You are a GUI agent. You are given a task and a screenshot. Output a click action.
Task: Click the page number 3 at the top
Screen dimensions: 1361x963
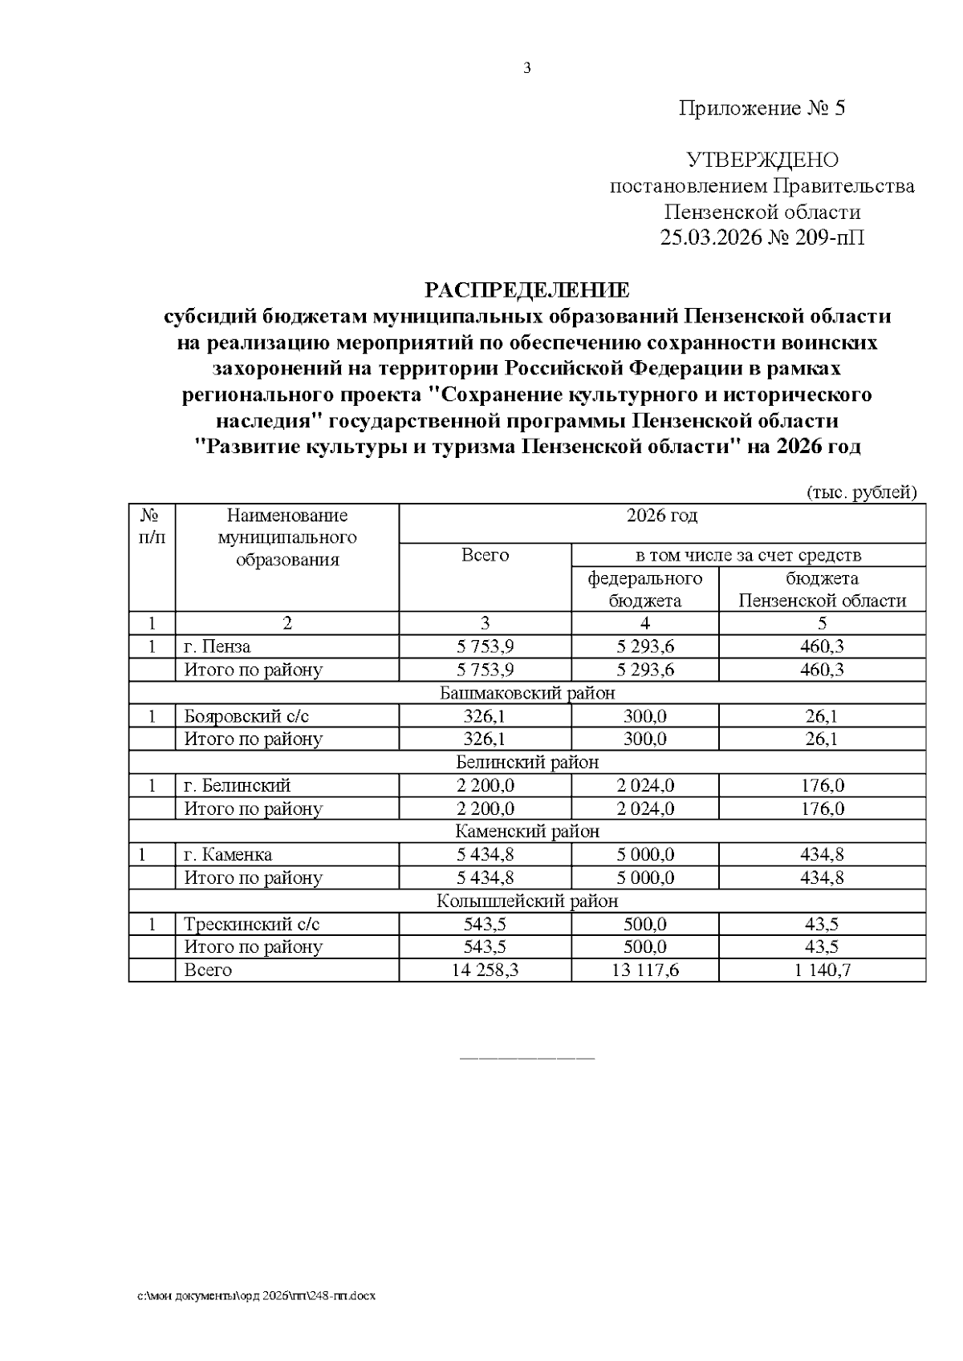[x=527, y=69]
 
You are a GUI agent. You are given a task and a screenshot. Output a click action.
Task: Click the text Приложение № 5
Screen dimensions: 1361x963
[x=762, y=108]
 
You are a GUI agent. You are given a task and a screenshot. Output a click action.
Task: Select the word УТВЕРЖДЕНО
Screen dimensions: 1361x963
[x=762, y=160]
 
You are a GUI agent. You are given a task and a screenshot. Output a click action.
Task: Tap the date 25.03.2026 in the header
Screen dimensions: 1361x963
[x=710, y=238]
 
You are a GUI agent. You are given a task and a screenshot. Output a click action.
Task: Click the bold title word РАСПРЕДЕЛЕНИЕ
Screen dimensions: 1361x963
[x=527, y=290]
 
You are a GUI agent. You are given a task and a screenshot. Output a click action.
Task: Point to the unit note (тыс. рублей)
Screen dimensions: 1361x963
[x=860, y=492]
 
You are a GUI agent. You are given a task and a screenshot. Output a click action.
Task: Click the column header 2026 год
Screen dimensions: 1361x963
[x=662, y=516]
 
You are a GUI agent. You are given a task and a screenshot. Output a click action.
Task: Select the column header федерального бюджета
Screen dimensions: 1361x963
[x=645, y=589]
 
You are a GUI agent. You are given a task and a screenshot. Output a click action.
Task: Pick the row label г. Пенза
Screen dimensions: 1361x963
[x=217, y=646]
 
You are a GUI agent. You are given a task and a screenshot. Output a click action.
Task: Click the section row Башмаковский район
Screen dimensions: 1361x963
[x=527, y=693]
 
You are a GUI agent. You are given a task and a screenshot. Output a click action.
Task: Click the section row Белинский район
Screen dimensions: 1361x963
[x=527, y=762]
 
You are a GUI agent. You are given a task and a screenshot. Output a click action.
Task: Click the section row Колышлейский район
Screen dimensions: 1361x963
[x=527, y=901]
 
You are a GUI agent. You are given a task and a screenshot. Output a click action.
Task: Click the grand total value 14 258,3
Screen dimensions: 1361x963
[x=486, y=970]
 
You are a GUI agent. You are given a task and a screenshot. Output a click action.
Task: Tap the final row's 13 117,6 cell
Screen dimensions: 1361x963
[x=645, y=970]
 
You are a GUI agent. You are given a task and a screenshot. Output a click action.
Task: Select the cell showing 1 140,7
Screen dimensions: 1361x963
[x=823, y=970]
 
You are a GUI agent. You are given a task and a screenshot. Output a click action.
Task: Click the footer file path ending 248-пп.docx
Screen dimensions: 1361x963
[x=256, y=1295]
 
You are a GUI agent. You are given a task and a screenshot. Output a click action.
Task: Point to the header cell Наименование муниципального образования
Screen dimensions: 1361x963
[x=287, y=537]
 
